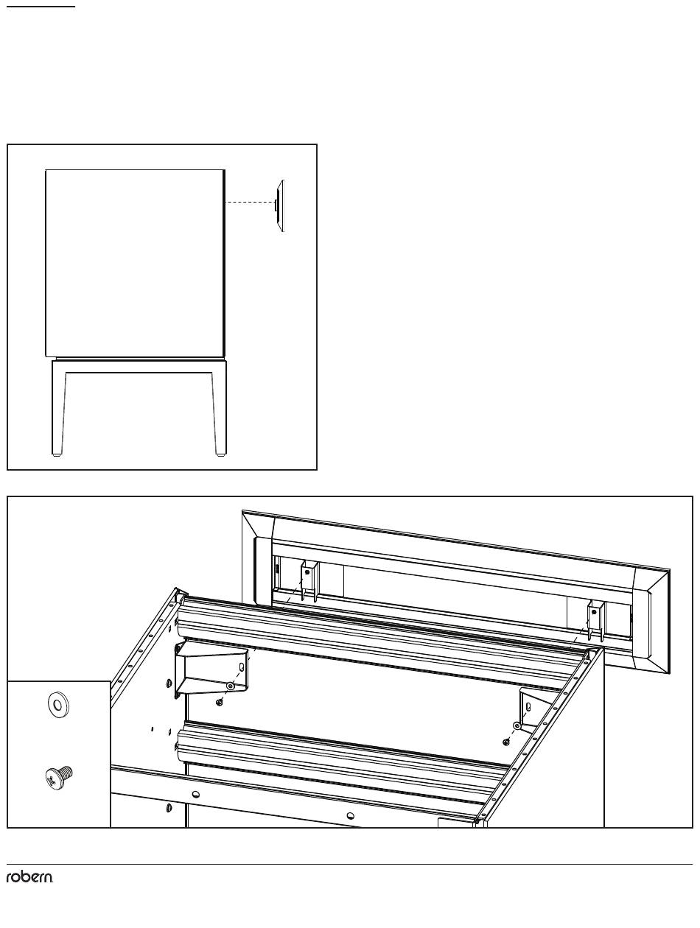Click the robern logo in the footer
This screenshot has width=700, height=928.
pos(29,877)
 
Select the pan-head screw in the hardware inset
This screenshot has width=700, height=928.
pos(58,778)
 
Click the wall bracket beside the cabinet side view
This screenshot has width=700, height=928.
pos(279,205)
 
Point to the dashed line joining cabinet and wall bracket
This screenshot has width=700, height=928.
pos(250,203)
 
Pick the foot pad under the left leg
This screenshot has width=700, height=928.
pos(57,455)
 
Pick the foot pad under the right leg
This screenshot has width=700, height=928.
pos(220,455)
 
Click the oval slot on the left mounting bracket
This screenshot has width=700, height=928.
pos(242,667)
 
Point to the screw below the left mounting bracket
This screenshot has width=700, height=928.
pos(219,703)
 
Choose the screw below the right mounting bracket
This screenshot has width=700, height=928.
pos(506,742)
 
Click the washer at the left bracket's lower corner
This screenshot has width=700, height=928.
pos(230,686)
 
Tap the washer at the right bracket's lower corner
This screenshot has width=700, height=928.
pos(517,726)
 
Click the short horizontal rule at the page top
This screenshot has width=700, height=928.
pos(41,7)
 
